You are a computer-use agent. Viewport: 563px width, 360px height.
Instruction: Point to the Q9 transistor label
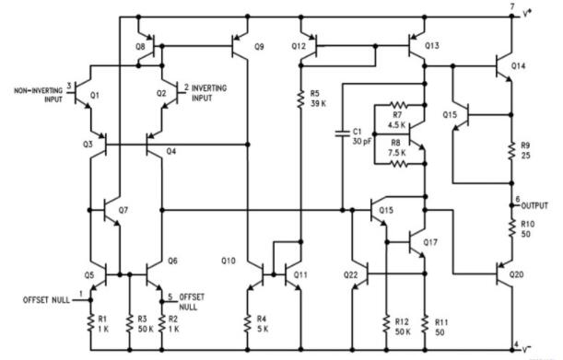tap(258, 46)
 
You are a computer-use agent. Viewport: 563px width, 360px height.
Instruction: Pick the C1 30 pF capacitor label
tap(360, 135)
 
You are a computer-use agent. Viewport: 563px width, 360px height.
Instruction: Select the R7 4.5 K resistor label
tap(398, 120)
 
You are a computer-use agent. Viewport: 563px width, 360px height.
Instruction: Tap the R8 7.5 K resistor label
tap(398, 148)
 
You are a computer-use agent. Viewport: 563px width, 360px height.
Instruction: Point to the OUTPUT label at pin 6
tap(536, 205)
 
